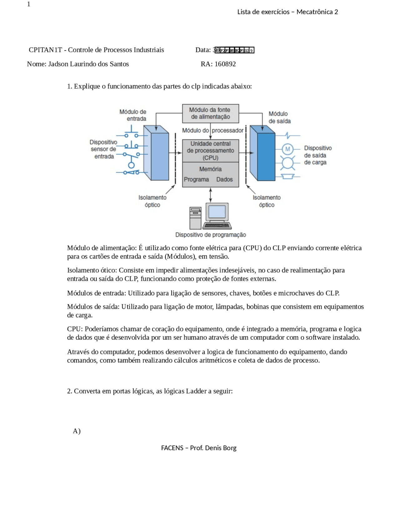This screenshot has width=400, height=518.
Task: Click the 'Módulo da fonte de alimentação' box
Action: click(x=210, y=113)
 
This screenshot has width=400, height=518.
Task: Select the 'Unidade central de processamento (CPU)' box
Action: click(x=210, y=150)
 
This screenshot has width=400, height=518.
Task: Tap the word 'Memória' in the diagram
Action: click(x=210, y=169)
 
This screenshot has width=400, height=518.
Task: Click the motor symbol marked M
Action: click(x=287, y=149)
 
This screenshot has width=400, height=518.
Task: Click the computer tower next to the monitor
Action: click(x=195, y=218)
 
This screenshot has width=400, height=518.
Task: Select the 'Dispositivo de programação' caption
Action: click(x=210, y=235)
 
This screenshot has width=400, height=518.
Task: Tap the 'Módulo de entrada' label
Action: click(x=133, y=115)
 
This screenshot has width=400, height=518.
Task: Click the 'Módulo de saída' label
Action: click(x=279, y=117)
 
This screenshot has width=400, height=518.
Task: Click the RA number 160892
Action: click(x=225, y=64)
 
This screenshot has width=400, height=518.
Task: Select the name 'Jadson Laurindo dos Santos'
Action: click(x=88, y=64)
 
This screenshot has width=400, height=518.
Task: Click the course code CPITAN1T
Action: click(x=45, y=50)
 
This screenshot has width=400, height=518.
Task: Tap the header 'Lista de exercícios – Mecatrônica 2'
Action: click(x=287, y=12)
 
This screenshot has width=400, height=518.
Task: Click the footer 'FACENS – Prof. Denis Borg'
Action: click(x=199, y=448)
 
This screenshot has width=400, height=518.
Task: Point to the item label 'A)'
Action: click(x=77, y=431)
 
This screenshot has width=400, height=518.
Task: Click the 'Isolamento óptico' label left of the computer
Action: click(x=152, y=201)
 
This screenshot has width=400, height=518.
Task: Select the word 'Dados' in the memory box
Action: click(x=224, y=179)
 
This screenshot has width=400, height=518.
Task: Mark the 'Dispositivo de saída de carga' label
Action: click(x=317, y=155)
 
